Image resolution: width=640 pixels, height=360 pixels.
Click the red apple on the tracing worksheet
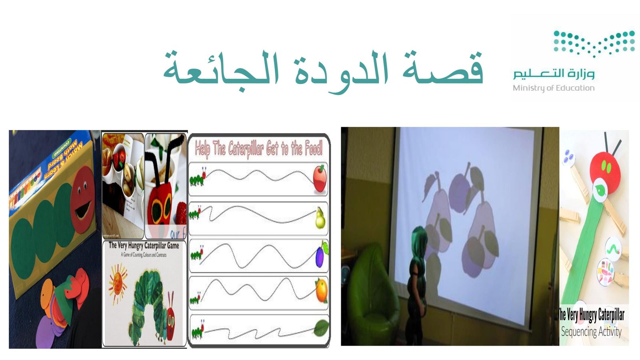click(x=320, y=178)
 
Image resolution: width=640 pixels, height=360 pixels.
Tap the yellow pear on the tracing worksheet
click(x=320, y=218)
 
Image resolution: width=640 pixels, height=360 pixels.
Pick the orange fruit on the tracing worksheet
click(x=321, y=291)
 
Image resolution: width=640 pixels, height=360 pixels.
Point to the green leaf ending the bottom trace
click(x=321, y=328)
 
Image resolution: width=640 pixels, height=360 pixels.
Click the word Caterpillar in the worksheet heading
click(x=246, y=149)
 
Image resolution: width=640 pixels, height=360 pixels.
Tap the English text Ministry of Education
click(x=554, y=88)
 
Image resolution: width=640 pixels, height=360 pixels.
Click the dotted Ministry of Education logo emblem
click(x=594, y=43)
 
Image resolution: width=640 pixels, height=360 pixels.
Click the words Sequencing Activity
click(x=591, y=332)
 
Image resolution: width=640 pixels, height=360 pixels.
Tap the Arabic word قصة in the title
click(x=444, y=70)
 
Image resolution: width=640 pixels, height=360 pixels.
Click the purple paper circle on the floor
click(x=50, y=328)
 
